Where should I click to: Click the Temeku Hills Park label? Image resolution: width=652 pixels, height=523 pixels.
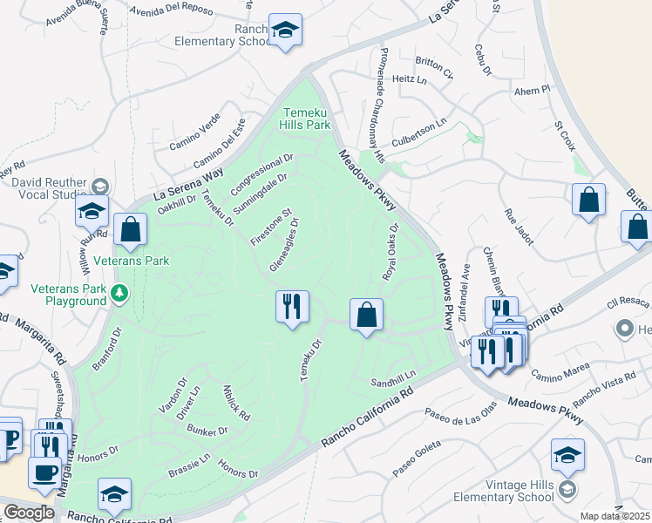pos(306,119)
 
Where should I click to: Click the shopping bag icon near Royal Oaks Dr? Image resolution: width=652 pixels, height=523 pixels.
pos(367,314)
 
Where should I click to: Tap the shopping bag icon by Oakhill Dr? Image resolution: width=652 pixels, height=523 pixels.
pos(130,230)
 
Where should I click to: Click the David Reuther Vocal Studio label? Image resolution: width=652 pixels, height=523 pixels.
pos(49,190)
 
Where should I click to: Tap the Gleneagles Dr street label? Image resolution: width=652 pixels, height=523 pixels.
pos(286,244)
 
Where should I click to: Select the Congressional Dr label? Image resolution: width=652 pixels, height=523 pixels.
pos(262,175)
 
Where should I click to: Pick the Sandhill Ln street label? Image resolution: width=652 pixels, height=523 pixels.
pos(394,382)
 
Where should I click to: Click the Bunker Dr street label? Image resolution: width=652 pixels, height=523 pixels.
pos(208,431)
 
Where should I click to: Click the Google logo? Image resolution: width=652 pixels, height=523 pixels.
pos(29,512)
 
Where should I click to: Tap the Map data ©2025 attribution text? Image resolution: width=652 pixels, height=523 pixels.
pos(615,516)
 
